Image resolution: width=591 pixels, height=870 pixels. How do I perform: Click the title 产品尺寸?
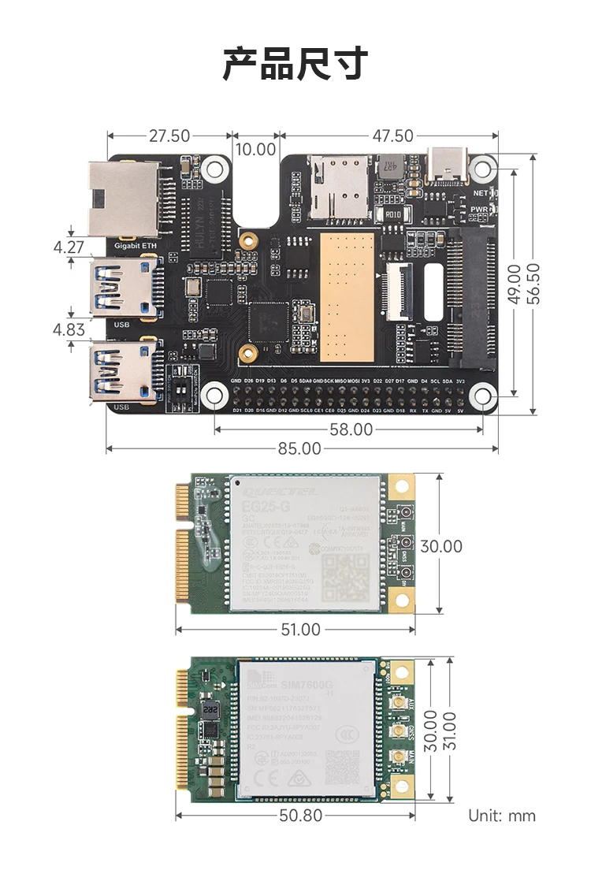pyautogui.click(x=295, y=64)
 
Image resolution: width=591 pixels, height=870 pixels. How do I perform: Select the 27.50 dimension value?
pyautogui.click(x=169, y=136)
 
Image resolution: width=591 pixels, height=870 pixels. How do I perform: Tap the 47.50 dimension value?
pyautogui.click(x=392, y=136)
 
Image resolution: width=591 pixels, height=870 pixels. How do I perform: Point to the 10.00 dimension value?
pyautogui.click(x=256, y=149)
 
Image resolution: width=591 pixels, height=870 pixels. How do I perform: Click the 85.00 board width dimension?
pyautogui.click(x=299, y=448)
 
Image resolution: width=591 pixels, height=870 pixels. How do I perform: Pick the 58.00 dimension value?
pyautogui.click(x=351, y=429)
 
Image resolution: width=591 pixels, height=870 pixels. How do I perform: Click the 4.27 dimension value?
pyautogui.click(x=69, y=247)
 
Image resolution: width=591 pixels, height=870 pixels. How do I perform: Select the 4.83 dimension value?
pyautogui.click(x=69, y=329)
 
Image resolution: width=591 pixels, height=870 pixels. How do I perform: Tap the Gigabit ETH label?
pyautogui.click(x=136, y=246)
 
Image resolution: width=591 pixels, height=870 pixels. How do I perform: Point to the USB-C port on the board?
pyautogui.click(x=447, y=163)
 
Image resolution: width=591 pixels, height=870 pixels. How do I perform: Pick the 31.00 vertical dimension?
pyautogui.click(x=450, y=731)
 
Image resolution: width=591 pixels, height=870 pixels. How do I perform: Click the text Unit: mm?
pyautogui.click(x=502, y=816)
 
